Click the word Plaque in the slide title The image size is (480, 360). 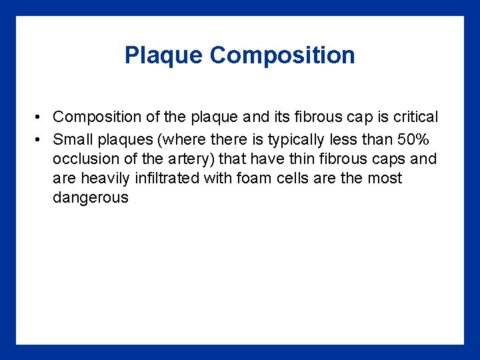coord(164,55)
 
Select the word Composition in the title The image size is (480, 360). coord(282,55)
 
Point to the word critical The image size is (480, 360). coord(415,117)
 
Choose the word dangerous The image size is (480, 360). coord(90,198)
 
